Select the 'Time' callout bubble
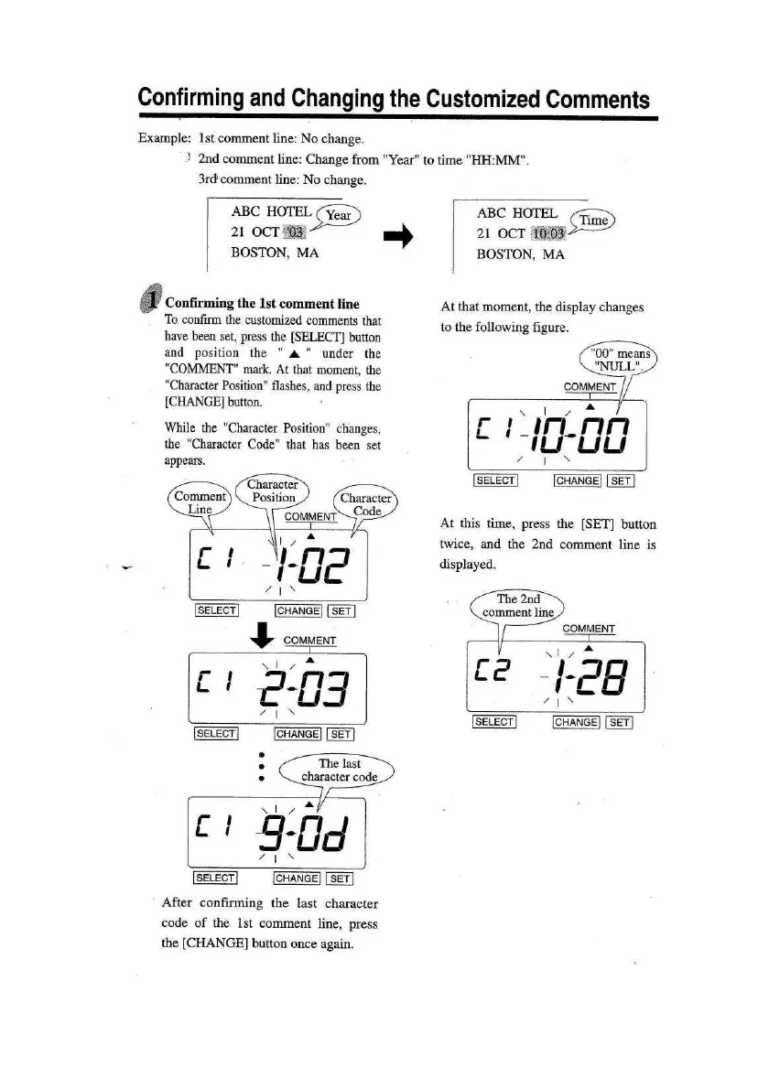pyautogui.click(x=594, y=221)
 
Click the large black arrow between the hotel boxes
pyautogui.click(x=402, y=237)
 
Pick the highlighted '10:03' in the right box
pyautogui.click(x=547, y=235)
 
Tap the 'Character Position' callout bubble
pyautogui.click(x=274, y=491)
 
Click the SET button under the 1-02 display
pyautogui.click(x=341, y=611)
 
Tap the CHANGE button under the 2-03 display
pyautogui.click(x=297, y=733)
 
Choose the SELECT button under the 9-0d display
pyautogui.click(x=215, y=879)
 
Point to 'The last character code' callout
pyautogui.click(x=339, y=770)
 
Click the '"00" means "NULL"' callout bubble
pyautogui.click(x=620, y=360)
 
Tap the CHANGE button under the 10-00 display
pyautogui.click(x=577, y=481)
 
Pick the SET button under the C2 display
pyautogui.click(x=621, y=722)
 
